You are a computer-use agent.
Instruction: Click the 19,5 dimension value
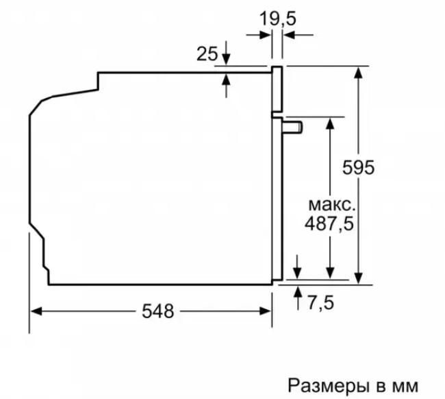(277, 19)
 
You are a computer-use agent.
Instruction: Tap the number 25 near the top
(207, 53)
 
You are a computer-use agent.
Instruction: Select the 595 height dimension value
(358, 167)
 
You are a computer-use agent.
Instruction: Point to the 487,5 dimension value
(329, 223)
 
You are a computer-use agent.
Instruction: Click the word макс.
(332, 205)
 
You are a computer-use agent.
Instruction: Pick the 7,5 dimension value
(320, 302)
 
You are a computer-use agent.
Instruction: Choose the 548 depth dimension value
(157, 311)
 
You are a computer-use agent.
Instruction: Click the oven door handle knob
(292, 127)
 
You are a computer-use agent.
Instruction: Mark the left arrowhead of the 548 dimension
(36, 311)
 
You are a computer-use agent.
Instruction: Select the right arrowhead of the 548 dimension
(266, 311)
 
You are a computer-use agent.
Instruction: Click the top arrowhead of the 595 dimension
(359, 73)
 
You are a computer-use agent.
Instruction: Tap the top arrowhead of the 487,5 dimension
(330, 123)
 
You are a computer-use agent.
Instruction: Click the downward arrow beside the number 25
(226, 53)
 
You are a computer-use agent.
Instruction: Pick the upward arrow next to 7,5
(298, 298)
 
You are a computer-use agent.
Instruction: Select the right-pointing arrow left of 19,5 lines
(258, 35)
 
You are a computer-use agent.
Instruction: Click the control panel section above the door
(277, 89)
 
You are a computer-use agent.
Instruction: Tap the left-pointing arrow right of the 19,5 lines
(298, 35)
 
